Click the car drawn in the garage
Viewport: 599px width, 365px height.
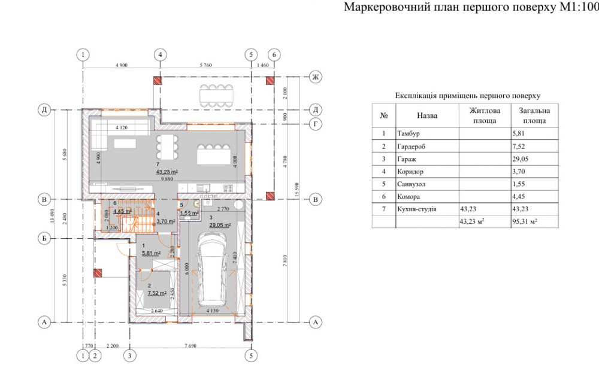[214, 269]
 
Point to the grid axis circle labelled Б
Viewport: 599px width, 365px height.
[43, 239]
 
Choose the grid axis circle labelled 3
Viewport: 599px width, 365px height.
[128, 355]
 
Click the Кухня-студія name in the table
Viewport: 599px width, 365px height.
[416, 209]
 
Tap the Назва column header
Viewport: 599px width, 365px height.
[427, 115]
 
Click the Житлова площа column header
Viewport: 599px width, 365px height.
[484, 115]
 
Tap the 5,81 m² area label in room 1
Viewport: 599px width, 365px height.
[151, 253]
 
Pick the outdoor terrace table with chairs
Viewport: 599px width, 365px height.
[216, 93]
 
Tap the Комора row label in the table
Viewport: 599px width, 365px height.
[409, 196]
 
